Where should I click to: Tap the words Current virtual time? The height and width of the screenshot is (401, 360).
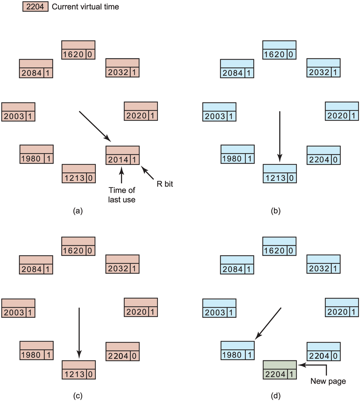click(x=85, y=7)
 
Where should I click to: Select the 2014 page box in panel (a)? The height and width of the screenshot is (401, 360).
click(x=123, y=155)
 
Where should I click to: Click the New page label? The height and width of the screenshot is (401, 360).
click(x=328, y=381)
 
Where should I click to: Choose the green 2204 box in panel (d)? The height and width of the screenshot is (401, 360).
click(x=280, y=369)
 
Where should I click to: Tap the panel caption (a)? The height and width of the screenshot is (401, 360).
click(x=77, y=211)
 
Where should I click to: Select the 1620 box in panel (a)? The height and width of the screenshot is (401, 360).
click(x=78, y=50)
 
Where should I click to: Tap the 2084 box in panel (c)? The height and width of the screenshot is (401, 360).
click(x=36, y=265)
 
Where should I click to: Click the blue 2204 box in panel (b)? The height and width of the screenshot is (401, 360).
click(x=323, y=155)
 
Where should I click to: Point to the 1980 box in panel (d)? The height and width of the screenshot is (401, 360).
click(x=237, y=350)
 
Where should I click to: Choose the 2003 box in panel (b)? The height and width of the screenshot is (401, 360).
click(x=219, y=112)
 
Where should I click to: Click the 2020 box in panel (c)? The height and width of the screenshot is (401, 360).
click(x=141, y=307)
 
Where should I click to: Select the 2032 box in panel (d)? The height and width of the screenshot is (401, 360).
click(x=323, y=265)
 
